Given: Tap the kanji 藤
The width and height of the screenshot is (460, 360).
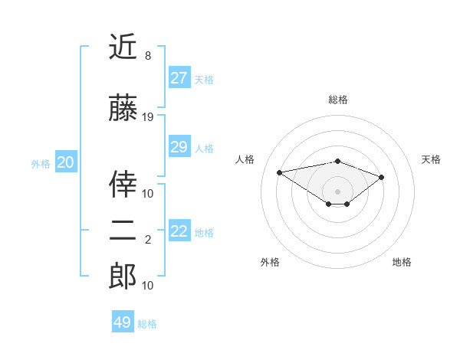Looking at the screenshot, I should click(123, 109).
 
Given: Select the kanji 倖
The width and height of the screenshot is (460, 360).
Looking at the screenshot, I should click(123, 184).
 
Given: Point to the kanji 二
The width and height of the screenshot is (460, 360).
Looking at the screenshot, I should click(123, 231).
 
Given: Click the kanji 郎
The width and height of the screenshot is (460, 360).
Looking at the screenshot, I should click(123, 277).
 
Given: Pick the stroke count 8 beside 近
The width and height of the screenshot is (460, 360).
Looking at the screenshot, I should click(148, 56).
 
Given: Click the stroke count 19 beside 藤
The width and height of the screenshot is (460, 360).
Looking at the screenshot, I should click(148, 117).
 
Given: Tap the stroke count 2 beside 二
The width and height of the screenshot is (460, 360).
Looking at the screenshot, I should click(148, 240).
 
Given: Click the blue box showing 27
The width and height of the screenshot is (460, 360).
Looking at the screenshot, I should click(179, 78).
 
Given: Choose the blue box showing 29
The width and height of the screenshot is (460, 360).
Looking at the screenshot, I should click(179, 147).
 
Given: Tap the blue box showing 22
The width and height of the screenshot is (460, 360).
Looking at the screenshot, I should click(179, 231).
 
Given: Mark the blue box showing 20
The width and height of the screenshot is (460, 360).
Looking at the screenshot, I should click(65, 162).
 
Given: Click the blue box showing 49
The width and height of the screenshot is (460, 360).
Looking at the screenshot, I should click(122, 322).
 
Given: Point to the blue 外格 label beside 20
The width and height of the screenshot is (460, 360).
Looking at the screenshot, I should click(41, 163).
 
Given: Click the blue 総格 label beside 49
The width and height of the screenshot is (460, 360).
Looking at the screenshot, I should click(147, 324).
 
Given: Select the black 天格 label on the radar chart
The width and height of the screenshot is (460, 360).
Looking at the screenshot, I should click(431, 159).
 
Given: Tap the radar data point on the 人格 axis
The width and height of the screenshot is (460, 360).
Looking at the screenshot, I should click(279, 172).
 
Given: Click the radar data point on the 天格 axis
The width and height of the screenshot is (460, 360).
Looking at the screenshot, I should click(382, 177).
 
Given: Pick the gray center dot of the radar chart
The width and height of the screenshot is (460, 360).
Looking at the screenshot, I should click(337, 191).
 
